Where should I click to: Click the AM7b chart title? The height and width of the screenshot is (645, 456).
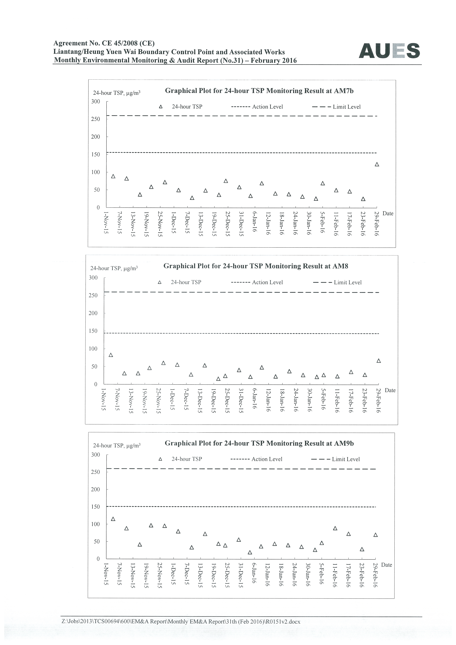click(259, 91)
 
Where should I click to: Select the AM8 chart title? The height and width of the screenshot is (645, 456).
click(256, 266)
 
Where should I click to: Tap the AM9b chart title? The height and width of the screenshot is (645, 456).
click(259, 443)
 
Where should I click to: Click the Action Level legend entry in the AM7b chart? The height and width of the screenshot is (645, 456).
click(257, 107)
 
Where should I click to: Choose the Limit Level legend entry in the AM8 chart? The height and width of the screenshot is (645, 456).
click(337, 282)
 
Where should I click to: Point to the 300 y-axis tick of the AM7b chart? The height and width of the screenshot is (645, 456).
click(95, 101)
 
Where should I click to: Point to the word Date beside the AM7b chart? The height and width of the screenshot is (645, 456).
click(388, 214)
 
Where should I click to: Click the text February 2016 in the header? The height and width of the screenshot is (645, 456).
click(274, 60)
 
